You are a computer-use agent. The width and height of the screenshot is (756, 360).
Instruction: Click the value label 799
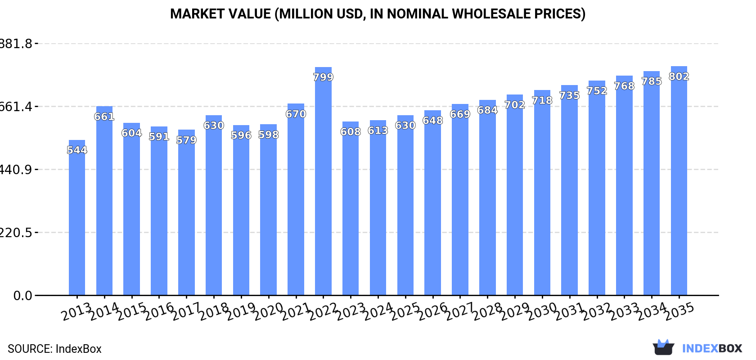[323, 77]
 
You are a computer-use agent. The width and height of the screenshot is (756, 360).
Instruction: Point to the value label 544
[77, 150]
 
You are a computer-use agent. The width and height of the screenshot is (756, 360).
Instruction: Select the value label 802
[679, 76]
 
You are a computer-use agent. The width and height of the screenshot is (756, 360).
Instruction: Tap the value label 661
[104, 117]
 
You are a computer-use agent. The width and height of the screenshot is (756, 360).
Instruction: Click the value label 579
[186, 140]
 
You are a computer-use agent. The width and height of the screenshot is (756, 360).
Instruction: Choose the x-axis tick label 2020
[268, 311]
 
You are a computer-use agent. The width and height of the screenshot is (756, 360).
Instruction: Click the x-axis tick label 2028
[487, 311]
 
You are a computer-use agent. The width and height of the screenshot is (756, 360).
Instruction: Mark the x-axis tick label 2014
[104, 311]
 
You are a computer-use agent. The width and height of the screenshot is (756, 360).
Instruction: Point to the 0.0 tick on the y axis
[22, 296]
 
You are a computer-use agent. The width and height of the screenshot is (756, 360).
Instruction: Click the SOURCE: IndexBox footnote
[54, 349]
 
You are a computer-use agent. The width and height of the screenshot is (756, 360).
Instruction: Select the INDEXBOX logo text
[712, 348]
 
